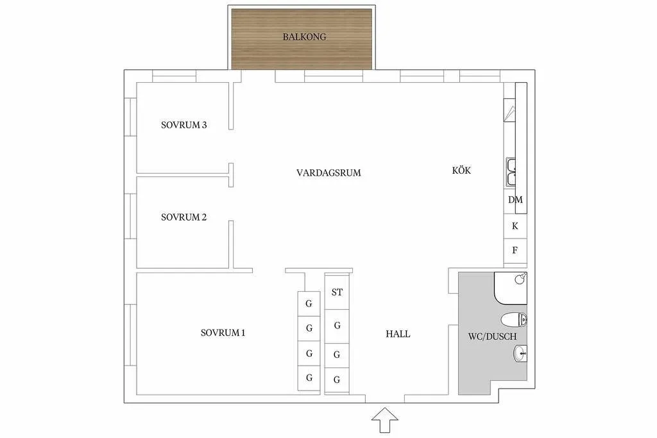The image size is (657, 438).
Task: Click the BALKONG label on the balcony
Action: click(x=304, y=37)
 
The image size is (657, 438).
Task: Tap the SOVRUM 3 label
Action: click(x=183, y=125)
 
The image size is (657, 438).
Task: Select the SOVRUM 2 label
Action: click(x=183, y=217)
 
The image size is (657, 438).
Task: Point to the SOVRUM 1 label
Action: click(x=223, y=333)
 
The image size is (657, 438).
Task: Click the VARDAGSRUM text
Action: click(x=328, y=173)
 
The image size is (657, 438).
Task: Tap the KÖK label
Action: click(x=461, y=171)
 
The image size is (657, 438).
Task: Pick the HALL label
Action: click(x=398, y=334)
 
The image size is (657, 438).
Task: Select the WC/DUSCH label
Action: click(x=493, y=336)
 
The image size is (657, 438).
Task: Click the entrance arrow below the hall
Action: click(x=385, y=421)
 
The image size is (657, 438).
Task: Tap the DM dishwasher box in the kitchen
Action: click(x=515, y=200)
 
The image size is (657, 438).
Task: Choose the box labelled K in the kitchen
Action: click(x=515, y=226)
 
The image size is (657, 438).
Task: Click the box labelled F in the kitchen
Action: click(x=515, y=250)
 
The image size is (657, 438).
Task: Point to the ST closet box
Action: click(x=337, y=292)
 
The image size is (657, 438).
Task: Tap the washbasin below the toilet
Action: click(x=520, y=352)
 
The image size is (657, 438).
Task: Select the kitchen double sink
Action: click(x=513, y=171)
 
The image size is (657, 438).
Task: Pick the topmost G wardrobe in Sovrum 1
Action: click(x=309, y=303)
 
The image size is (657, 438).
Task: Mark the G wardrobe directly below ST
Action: click(x=337, y=326)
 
